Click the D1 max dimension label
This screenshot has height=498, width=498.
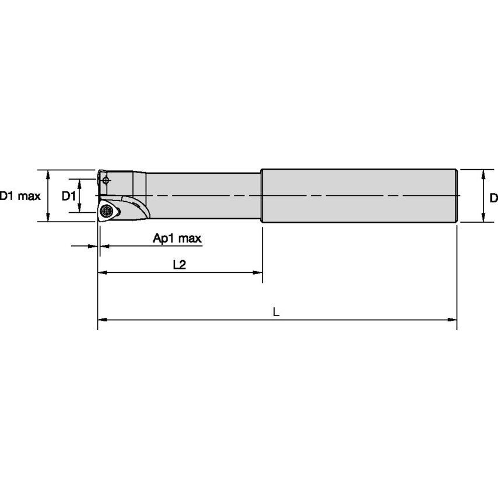(20, 196)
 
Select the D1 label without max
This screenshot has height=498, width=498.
(69, 196)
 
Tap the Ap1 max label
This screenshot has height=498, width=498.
(177, 238)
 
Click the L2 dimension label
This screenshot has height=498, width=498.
(179, 265)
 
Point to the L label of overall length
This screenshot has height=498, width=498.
(276, 313)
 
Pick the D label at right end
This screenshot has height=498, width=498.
(493, 198)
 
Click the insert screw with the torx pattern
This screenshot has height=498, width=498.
(106, 211)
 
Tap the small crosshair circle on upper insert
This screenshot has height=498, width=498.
(106, 180)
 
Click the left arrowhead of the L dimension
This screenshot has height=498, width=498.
(101, 320)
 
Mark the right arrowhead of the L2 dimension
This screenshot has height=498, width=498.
(258, 272)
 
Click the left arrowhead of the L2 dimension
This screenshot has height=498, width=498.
(101, 272)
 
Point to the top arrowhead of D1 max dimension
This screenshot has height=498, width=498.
(48, 174)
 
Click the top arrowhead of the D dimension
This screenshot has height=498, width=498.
(483, 174)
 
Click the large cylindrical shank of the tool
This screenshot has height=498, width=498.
(359, 195)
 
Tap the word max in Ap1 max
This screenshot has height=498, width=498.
(190, 238)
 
